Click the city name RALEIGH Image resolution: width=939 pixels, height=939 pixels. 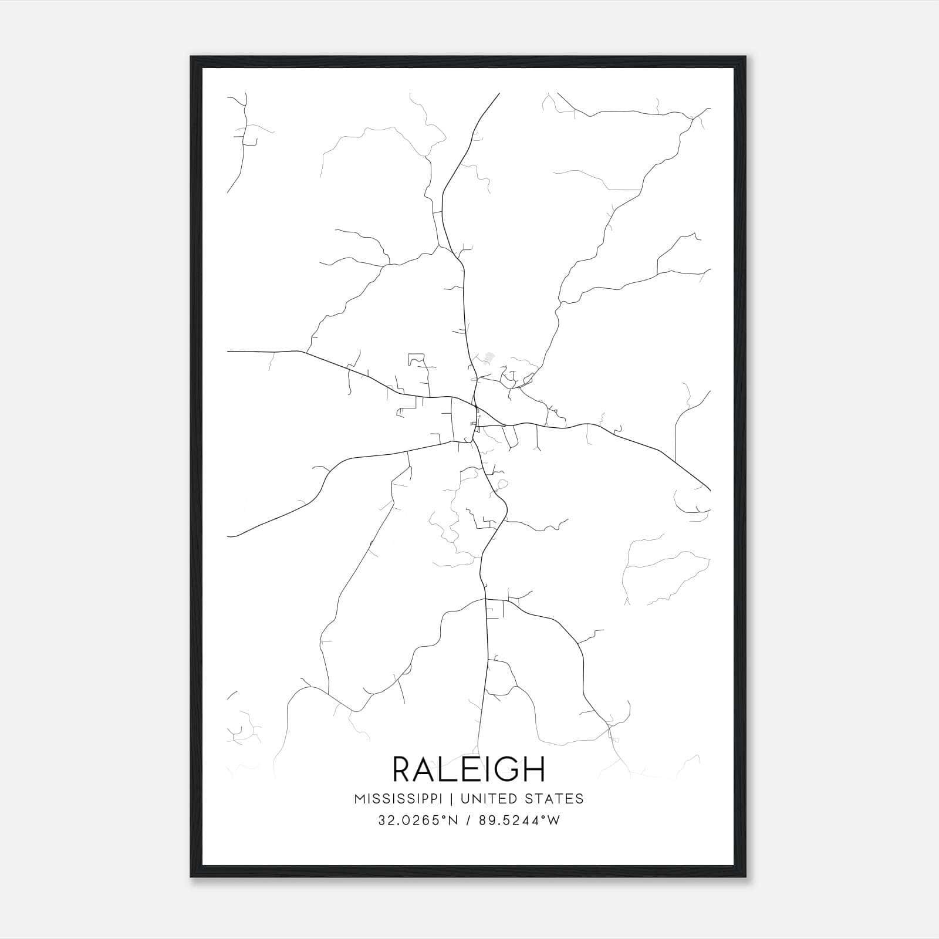468,769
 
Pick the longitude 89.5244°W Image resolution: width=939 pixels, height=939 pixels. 519,820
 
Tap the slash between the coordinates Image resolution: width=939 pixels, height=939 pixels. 468,820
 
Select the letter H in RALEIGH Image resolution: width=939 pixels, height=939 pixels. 535,769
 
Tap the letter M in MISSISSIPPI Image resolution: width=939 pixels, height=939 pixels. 359,799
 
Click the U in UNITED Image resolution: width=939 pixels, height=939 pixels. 465,799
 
